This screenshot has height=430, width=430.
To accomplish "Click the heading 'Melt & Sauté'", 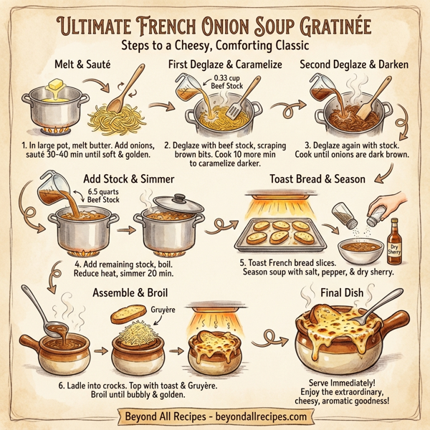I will pos(85,64).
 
